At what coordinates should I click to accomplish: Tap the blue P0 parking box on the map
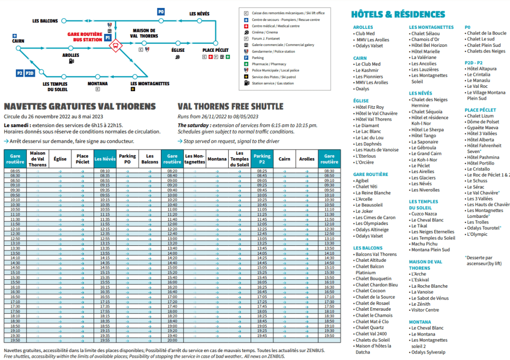pyautogui.click(x=161, y=11)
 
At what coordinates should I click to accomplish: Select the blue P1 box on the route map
pyautogui.click(x=108, y=38)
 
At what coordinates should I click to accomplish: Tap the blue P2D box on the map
pyautogui.click(x=29, y=73)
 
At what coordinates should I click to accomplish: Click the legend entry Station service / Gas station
pyautogui.click(x=272, y=83)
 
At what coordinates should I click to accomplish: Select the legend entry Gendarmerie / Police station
pyautogui.click(x=273, y=51)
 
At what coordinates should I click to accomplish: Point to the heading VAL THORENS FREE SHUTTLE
pyautogui.click(x=230, y=107)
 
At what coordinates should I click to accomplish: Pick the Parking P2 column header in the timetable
pyautogui.click(x=262, y=159)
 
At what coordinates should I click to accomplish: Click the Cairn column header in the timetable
pyautogui.click(x=285, y=159)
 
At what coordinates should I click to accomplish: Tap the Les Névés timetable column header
pyautogui.click(x=105, y=159)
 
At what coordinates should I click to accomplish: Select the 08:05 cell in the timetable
pyautogui.click(x=15, y=171)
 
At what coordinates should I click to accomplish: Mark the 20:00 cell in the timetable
pyautogui.click(x=172, y=340)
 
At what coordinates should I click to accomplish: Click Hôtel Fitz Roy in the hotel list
pyautogui.click(x=369, y=107)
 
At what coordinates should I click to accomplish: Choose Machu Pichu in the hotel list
pyautogui.click(x=424, y=244)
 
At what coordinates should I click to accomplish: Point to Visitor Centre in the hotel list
pyautogui.click(x=425, y=310)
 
